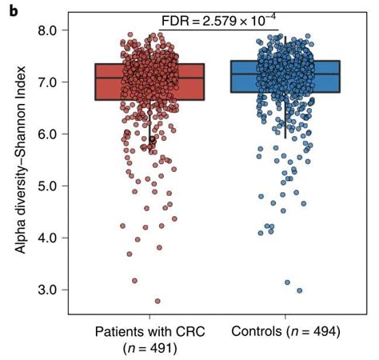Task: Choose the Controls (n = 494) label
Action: (285, 332)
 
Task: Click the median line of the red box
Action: (149, 78)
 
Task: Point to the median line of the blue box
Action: (285, 74)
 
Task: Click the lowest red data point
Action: (158, 302)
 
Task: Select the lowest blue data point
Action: (300, 290)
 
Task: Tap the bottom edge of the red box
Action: (149, 100)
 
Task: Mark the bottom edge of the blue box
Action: (285, 92)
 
